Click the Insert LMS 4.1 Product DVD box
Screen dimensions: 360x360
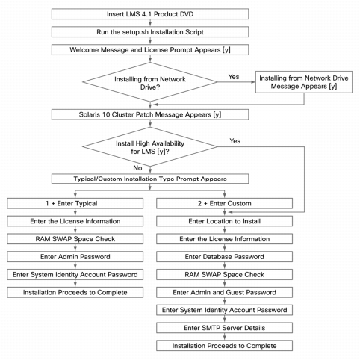point(150,14)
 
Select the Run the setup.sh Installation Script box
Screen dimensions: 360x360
point(150,32)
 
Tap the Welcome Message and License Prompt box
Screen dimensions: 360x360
point(150,50)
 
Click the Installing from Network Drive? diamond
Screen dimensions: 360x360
point(150,82)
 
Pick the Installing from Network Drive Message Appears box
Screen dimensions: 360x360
point(304,82)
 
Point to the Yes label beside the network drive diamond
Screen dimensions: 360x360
point(234,77)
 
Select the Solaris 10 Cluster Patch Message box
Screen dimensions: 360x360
point(150,114)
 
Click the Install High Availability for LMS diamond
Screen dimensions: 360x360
point(150,147)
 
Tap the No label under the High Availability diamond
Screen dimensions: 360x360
point(137,168)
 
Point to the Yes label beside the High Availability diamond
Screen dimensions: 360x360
point(235,141)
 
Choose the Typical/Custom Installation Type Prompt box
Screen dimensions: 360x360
point(150,179)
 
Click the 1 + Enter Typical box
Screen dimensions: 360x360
point(75,203)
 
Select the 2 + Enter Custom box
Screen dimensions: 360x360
point(224,203)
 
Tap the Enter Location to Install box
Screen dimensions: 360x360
point(224,221)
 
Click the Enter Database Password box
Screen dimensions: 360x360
point(224,257)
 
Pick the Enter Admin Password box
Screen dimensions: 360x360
point(75,257)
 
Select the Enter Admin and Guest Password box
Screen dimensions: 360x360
point(224,292)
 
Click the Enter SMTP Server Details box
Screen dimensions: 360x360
point(224,328)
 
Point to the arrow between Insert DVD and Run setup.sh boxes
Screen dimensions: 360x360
point(150,23)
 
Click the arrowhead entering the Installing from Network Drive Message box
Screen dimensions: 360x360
point(253,82)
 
